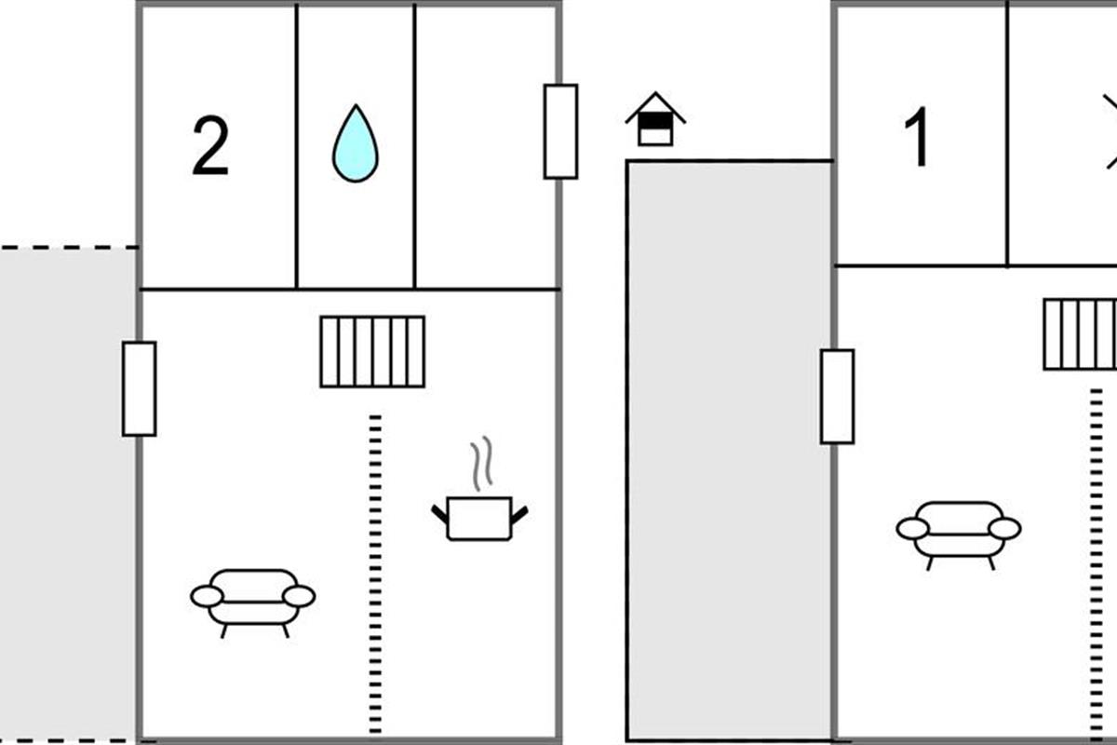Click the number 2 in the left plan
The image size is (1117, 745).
[210, 148]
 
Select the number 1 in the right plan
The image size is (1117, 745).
[918, 138]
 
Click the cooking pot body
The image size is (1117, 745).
[479, 519]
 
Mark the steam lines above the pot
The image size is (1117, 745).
[479, 466]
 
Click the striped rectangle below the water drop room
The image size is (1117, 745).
[372, 351]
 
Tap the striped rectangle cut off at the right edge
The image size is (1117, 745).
[1080, 334]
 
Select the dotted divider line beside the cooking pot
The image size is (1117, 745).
[375, 573]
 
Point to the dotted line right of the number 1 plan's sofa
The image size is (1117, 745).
[1097, 559]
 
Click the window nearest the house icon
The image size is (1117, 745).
[560, 131]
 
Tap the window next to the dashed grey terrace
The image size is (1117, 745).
[140, 388]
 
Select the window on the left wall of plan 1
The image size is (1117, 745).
[837, 397]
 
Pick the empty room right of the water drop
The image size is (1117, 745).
[486, 146]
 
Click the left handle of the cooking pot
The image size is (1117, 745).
[439, 512]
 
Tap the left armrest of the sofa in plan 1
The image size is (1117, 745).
[913, 529]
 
